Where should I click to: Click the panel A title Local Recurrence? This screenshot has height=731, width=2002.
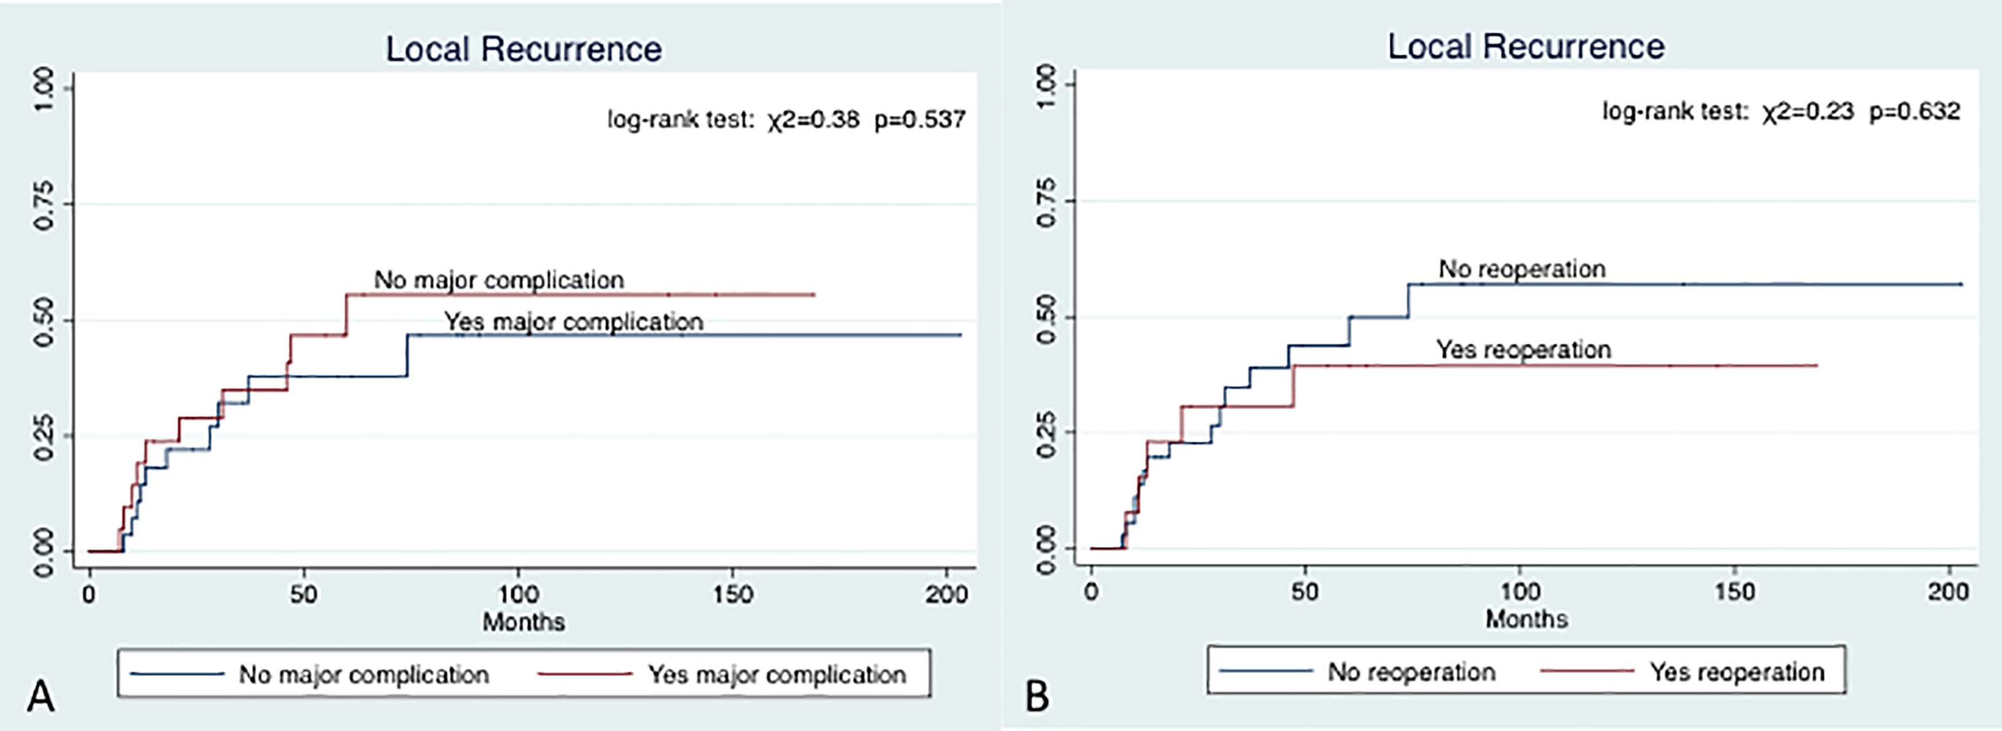524,49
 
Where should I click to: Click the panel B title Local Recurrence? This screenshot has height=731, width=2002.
1527,47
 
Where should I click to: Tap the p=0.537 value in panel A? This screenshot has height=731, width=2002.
920,120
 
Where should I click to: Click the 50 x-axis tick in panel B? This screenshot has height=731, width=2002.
1305,591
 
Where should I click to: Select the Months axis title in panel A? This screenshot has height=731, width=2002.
524,621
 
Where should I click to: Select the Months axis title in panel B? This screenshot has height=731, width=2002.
1527,618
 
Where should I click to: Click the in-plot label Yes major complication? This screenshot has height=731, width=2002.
574,322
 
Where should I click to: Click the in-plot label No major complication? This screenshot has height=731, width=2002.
499,280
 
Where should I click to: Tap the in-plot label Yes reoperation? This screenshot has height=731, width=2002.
1523,349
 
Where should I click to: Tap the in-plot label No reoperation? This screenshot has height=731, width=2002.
1522,269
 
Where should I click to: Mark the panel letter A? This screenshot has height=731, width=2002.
40,696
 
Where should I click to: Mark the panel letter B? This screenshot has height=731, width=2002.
1038,696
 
